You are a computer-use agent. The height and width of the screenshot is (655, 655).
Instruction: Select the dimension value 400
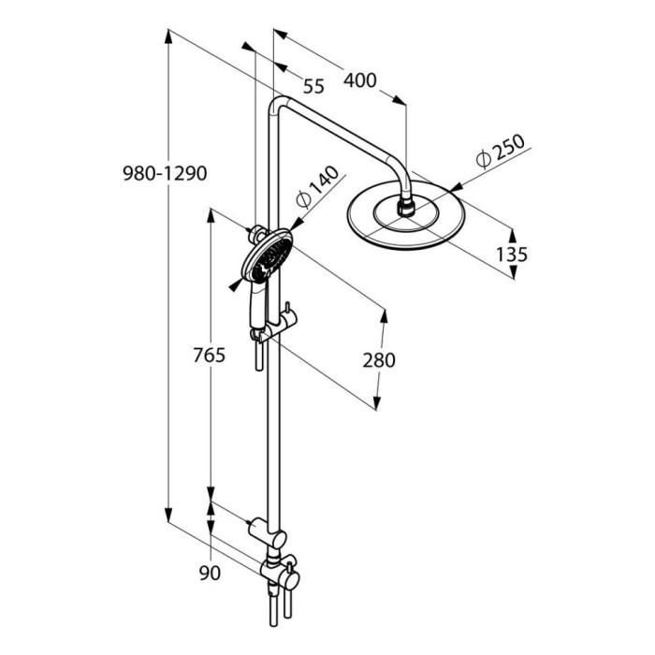359,81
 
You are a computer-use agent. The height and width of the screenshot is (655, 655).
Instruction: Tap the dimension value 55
313,87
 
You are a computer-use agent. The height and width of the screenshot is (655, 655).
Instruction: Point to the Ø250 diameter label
502,152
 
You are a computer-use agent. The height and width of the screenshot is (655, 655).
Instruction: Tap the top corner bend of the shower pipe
277,106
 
